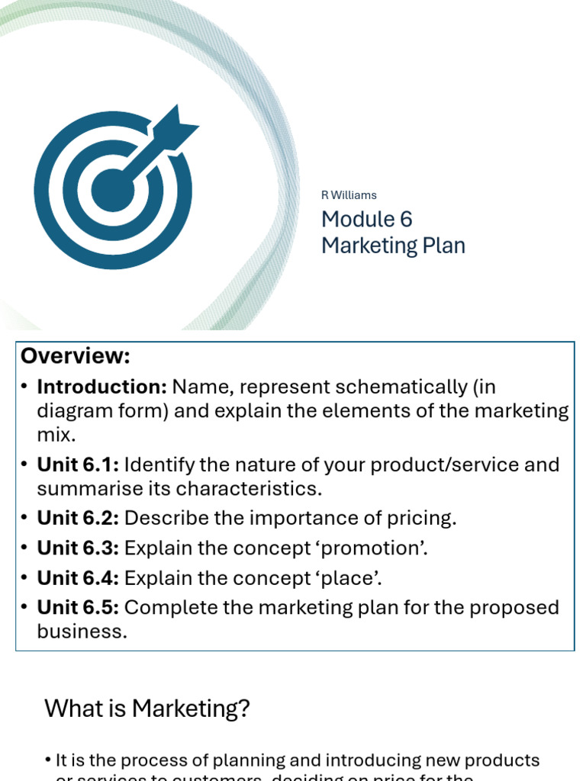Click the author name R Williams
pyautogui.click(x=349, y=195)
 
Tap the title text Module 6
pyautogui.click(x=366, y=220)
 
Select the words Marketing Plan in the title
pyautogui.click(x=393, y=246)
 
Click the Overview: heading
pyautogui.click(x=76, y=356)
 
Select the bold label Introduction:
pyautogui.click(x=101, y=387)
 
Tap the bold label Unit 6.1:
pyautogui.click(x=78, y=464)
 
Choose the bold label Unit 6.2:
pyautogui.click(x=78, y=518)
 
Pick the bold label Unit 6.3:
pyautogui.click(x=78, y=548)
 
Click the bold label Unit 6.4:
pyautogui.click(x=78, y=578)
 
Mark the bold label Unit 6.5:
pyautogui.click(x=78, y=608)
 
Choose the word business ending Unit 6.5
pyautogui.click(x=82, y=632)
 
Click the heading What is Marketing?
pyautogui.click(x=147, y=709)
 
